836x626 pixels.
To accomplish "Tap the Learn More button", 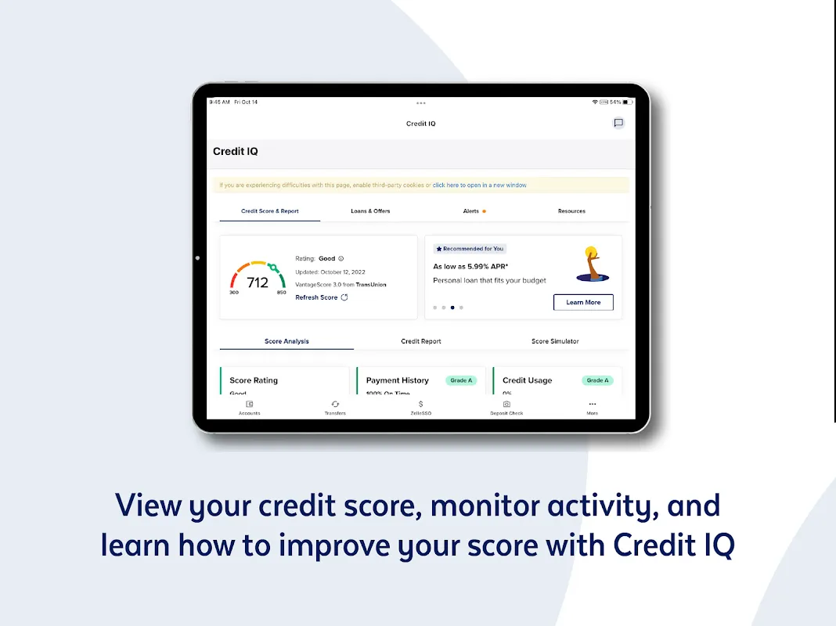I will point(583,302).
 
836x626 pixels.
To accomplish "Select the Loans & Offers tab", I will point(370,211).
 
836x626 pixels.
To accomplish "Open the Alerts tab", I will point(472,211).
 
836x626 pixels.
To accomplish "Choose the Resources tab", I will point(571,211).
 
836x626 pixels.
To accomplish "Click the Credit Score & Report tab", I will point(269,211).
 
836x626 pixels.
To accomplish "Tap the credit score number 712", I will point(258,282).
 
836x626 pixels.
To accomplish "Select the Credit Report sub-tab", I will point(421,341).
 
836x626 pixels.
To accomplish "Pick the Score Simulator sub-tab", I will point(555,341).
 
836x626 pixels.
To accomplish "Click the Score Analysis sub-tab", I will point(286,341).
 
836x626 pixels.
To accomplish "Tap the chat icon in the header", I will point(618,123).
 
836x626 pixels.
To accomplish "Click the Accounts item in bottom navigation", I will point(250,408).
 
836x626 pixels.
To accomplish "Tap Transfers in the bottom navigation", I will point(335,408).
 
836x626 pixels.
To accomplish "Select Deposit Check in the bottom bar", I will point(506,408).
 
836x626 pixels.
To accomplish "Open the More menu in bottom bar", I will point(593,408).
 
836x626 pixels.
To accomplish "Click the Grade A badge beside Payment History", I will point(461,380).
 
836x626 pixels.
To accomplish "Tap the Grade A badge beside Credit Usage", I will point(597,380).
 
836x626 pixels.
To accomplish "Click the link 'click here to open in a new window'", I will point(479,185).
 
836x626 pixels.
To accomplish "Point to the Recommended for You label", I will point(470,249).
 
